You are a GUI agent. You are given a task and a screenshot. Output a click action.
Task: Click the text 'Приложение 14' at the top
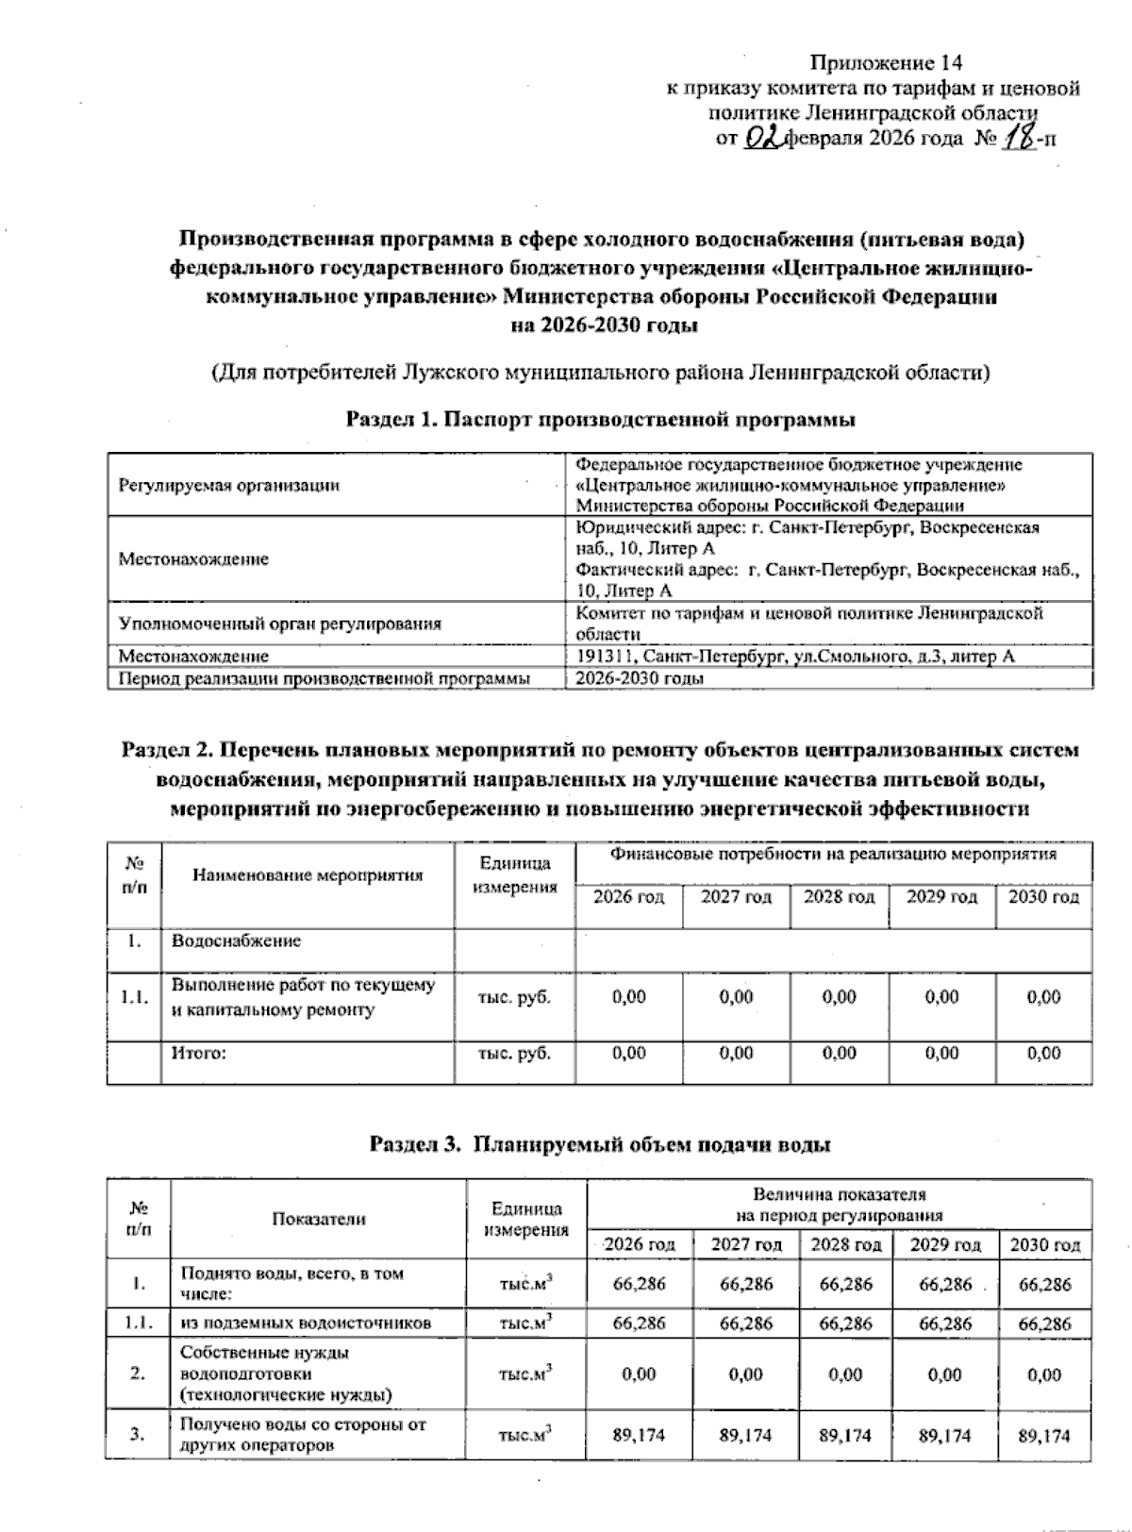point(886,63)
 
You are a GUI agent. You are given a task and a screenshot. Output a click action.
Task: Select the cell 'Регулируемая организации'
point(228,486)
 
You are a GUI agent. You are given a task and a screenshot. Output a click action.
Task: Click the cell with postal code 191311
point(794,657)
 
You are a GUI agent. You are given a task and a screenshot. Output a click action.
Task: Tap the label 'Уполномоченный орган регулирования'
point(280,624)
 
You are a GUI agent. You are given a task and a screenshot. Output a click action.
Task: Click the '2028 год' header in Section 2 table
point(839,896)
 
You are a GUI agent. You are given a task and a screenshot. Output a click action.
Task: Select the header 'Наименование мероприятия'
point(308,874)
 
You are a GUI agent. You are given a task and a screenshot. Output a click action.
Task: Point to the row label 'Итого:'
point(199,1054)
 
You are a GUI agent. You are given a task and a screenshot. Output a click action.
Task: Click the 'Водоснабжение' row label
point(236,941)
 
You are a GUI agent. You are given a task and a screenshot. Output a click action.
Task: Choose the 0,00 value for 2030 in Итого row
point(1044,1054)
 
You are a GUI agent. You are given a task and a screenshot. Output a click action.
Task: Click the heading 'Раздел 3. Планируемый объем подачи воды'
point(601,1145)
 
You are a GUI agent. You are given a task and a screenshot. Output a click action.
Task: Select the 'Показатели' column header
point(318,1219)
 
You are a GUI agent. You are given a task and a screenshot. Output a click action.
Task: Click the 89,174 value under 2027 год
point(745,1436)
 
